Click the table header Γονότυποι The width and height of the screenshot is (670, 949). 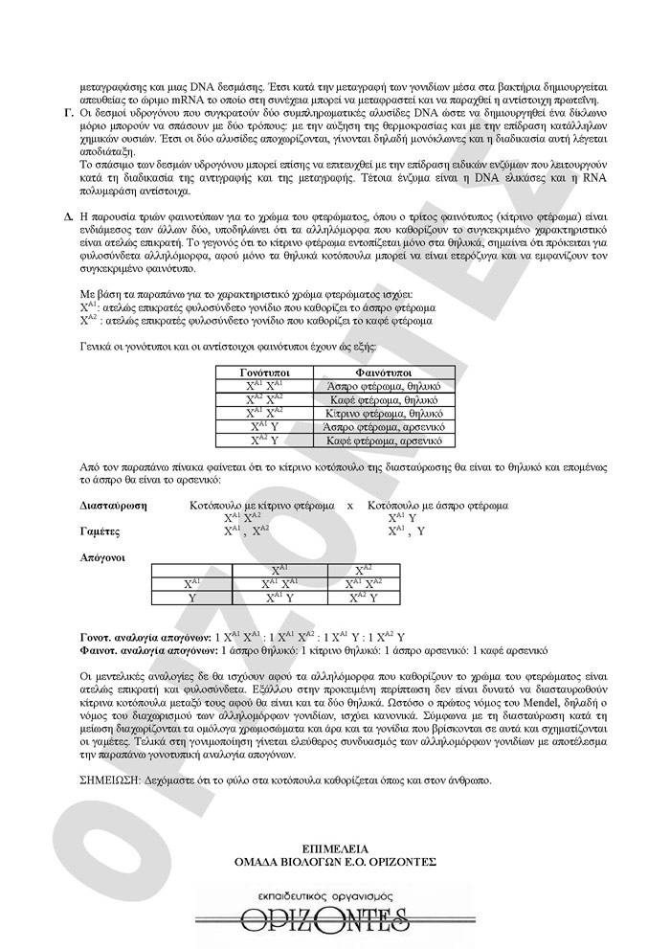263,372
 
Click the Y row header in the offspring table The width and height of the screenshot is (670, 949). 192,597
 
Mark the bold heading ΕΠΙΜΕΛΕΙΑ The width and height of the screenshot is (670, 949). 335,848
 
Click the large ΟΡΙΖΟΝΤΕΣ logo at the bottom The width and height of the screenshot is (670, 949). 335,919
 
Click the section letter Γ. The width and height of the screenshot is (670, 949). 69,113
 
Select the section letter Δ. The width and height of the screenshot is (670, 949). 69,217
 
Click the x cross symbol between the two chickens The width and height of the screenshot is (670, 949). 350,505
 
